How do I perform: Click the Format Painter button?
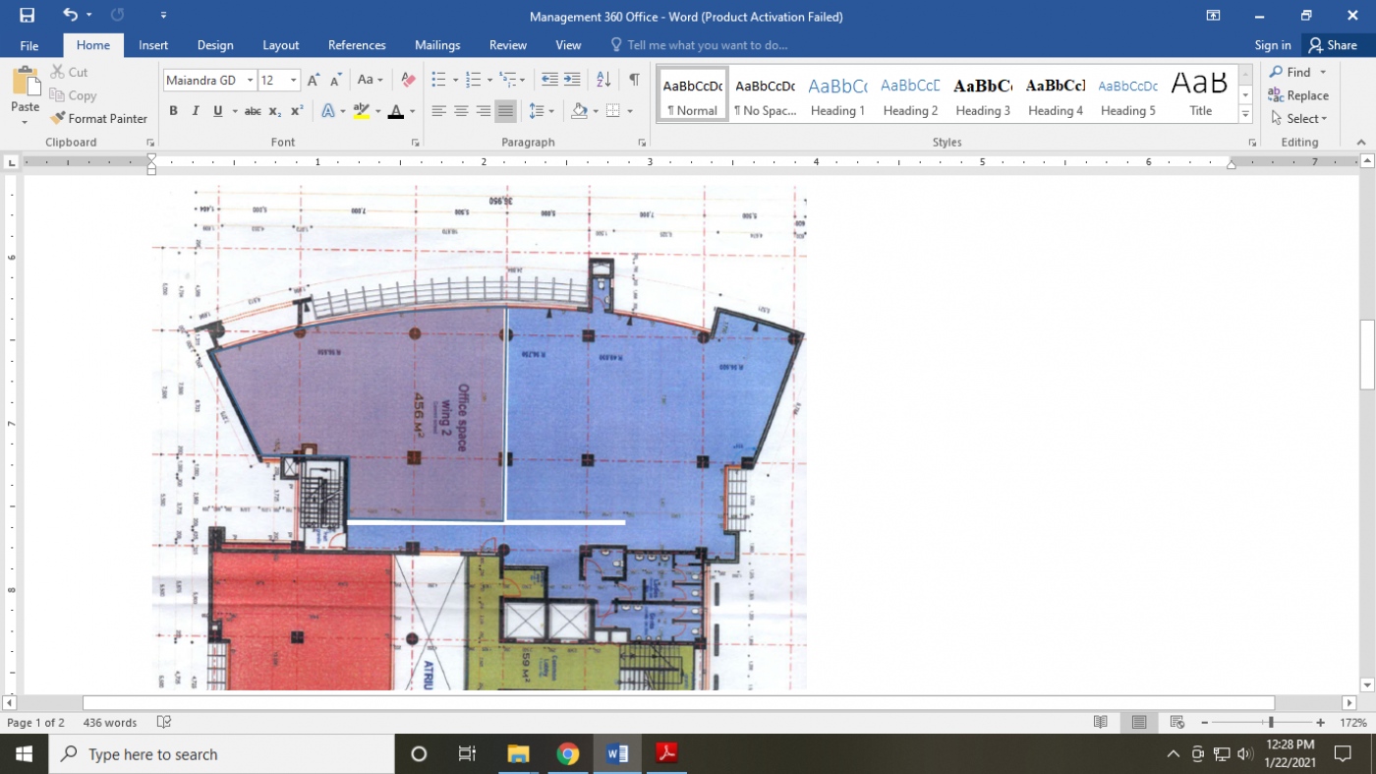[x=98, y=118]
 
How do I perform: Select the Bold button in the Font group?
[x=173, y=111]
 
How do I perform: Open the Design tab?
[x=215, y=45]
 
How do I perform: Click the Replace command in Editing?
[x=1298, y=95]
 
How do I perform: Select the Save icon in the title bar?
[x=27, y=16]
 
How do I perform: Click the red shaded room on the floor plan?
[x=300, y=620]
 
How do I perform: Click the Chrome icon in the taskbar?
[x=567, y=754]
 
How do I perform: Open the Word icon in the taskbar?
[x=617, y=754]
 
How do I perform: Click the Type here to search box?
[x=221, y=754]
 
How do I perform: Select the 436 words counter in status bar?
[x=110, y=723]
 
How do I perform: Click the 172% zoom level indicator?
[x=1353, y=723]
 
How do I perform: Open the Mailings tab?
[x=437, y=45]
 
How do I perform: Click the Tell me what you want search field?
[x=706, y=45]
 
